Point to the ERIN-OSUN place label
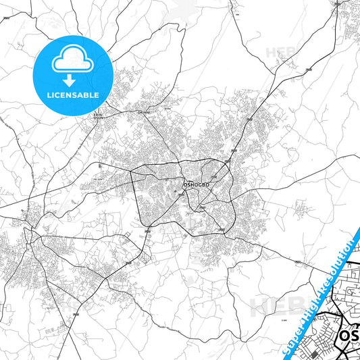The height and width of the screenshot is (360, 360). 99,116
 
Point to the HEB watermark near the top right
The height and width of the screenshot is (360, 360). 278,52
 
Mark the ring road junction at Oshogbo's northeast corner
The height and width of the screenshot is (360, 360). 228,163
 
